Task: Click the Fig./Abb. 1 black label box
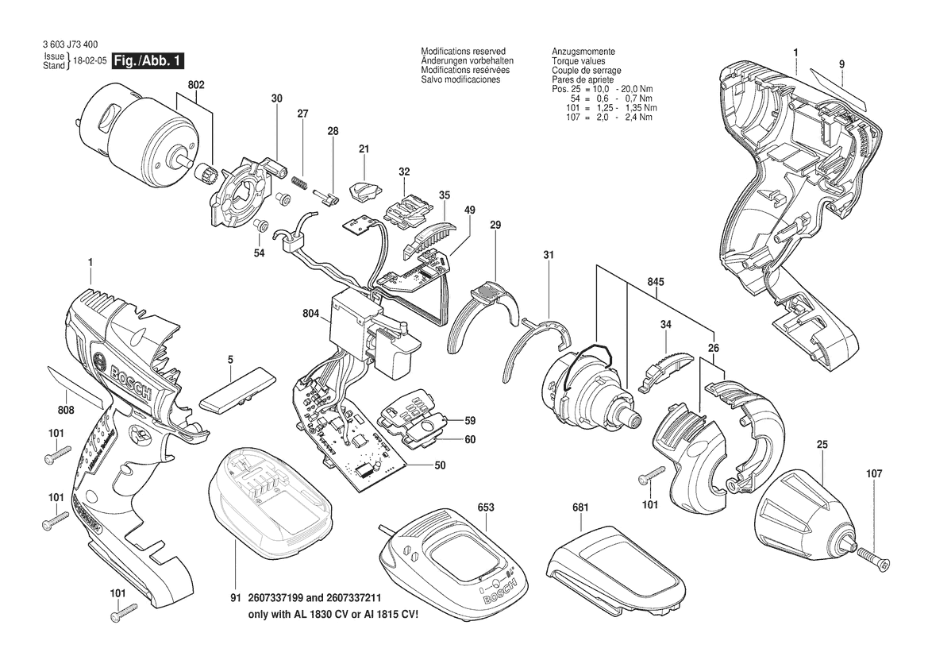pyautogui.click(x=149, y=61)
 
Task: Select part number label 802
pyautogui.click(x=196, y=84)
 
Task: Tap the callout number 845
pyautogui.click(x=656, y=283)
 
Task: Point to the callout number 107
pyautogui.click(x=874, y=474)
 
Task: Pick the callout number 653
pyautogui.click(x=486, y=507)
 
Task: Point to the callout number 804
pyautogui.click(x=310, y=314)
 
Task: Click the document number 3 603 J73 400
pyautogui.click(x=71, y=47)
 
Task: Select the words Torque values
pyautogui.click(x=578, y=61)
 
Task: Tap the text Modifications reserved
pyautogui.click(x=463, y=51)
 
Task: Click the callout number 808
pyautogui.click(x=66, y=411)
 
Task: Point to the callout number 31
pyautogui.click(x=549, y=254)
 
